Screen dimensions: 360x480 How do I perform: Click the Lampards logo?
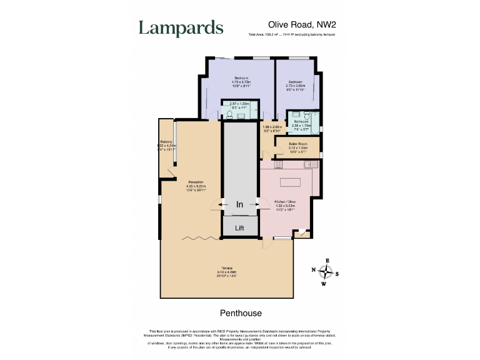[x=181, y=28]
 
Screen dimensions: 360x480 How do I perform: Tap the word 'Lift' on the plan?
[x=239, y=228]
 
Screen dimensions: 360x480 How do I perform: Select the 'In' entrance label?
[x=239, y=204]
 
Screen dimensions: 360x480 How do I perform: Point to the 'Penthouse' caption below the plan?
[x=241, y=313]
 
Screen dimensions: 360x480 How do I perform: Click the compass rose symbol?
[x=326, y=272]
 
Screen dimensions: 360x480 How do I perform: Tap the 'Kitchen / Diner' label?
[x=285, y=201]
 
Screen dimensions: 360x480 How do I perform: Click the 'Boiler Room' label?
[x=297, y=144]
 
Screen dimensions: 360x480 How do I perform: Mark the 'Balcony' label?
[x=166, y=142]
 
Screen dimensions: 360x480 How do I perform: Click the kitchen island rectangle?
[x=290, y=183]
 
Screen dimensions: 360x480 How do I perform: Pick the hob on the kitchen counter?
[x=279, y=164]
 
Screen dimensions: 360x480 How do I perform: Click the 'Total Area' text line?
[x=291, y=34]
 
